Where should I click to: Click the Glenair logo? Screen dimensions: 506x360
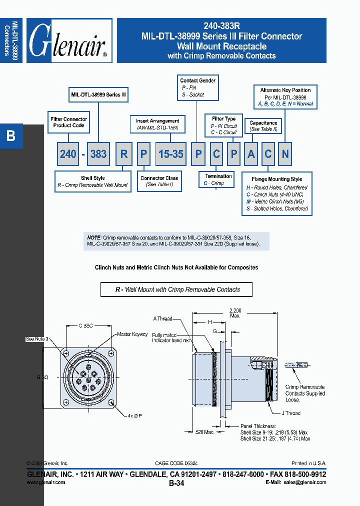pos(69,41)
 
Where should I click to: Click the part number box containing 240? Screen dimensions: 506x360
pos(68,154)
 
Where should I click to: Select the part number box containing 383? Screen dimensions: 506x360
pos(98,154)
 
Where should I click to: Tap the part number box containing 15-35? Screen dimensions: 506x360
pos(170,154)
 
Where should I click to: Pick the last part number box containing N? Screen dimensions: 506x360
pos(285,154)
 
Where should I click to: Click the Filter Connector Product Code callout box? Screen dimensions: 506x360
pos(69,122)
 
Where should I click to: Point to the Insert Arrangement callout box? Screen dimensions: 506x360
pos(157,124)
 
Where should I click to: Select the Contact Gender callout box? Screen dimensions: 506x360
pos(197,87)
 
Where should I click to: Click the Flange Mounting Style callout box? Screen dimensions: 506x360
pos(277,194)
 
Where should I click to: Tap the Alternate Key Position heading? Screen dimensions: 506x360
pos(285,90)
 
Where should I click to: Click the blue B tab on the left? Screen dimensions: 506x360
pos(11,136)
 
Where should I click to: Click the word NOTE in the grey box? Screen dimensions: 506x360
pos(94,237)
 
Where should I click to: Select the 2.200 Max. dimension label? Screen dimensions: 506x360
pos(235,313)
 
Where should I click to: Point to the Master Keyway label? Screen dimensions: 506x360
pos(132,334)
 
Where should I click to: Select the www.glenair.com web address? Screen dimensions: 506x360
pos(45,482)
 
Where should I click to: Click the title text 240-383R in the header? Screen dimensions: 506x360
pos(221,26)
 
